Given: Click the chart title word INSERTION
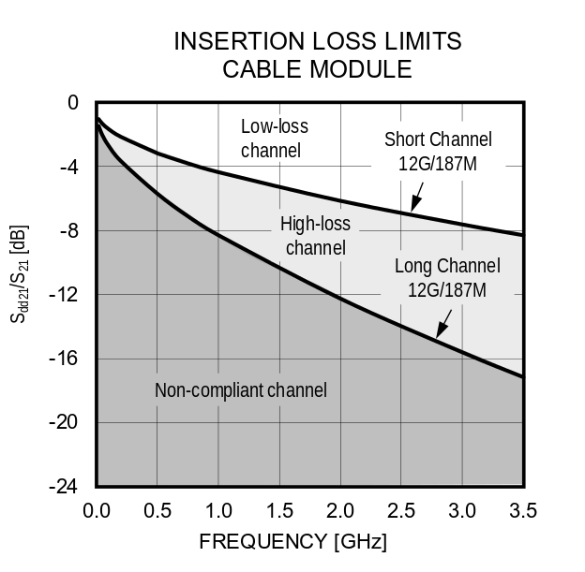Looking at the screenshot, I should tap(235, 41).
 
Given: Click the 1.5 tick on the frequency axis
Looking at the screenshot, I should tap(278, 511).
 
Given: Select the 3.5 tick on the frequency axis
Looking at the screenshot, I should tap(522, 511).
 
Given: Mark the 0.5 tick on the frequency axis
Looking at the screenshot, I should tap(157, 511).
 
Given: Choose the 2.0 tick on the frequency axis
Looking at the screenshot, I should tap(339, 511).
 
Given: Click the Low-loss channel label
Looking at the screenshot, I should tap(274, 138).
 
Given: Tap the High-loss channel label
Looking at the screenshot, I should tap(315, 236).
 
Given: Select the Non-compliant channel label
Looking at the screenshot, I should tap(241, 390).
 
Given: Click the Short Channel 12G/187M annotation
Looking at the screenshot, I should tap(438, 151).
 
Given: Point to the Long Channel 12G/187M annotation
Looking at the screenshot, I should tap(447, 277).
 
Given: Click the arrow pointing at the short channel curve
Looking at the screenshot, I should tap(416, 198).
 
